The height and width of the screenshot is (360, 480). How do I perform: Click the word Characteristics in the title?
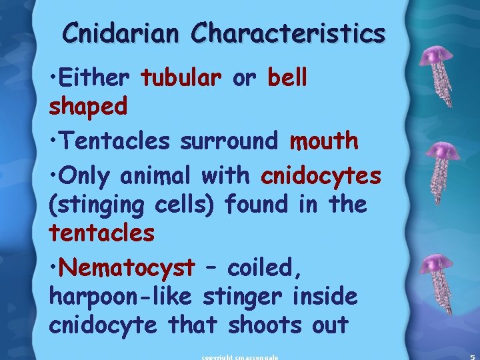pos(288,33)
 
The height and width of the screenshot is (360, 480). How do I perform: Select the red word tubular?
pos(181,78)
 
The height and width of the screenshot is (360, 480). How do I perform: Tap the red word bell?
pos(287,78)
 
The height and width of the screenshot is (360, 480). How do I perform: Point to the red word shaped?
pos(88,106)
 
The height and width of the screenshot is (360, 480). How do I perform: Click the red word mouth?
pos(324,141)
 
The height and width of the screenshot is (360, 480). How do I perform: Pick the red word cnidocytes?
pos(321,175)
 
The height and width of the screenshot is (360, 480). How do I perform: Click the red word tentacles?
pos(101,233)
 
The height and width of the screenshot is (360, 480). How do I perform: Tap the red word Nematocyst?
pos(127,267)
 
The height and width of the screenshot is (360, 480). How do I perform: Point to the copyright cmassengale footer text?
pos(240,357)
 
